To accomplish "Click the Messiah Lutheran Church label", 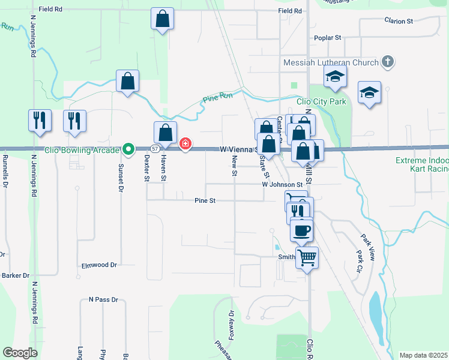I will point(331,62).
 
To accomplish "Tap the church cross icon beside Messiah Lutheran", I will point(388,62).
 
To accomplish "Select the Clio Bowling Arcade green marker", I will point(128,148).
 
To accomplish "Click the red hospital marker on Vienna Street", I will point(185,143).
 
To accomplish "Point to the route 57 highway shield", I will point(155,148).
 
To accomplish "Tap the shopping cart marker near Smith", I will point(307,257).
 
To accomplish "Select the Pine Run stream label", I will point(217,95).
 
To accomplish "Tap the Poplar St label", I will point(328,37).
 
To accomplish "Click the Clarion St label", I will point(399,20).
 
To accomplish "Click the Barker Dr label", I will point(16,275).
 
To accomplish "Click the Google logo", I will point(20,353).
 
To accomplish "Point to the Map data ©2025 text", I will point(423,355).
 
